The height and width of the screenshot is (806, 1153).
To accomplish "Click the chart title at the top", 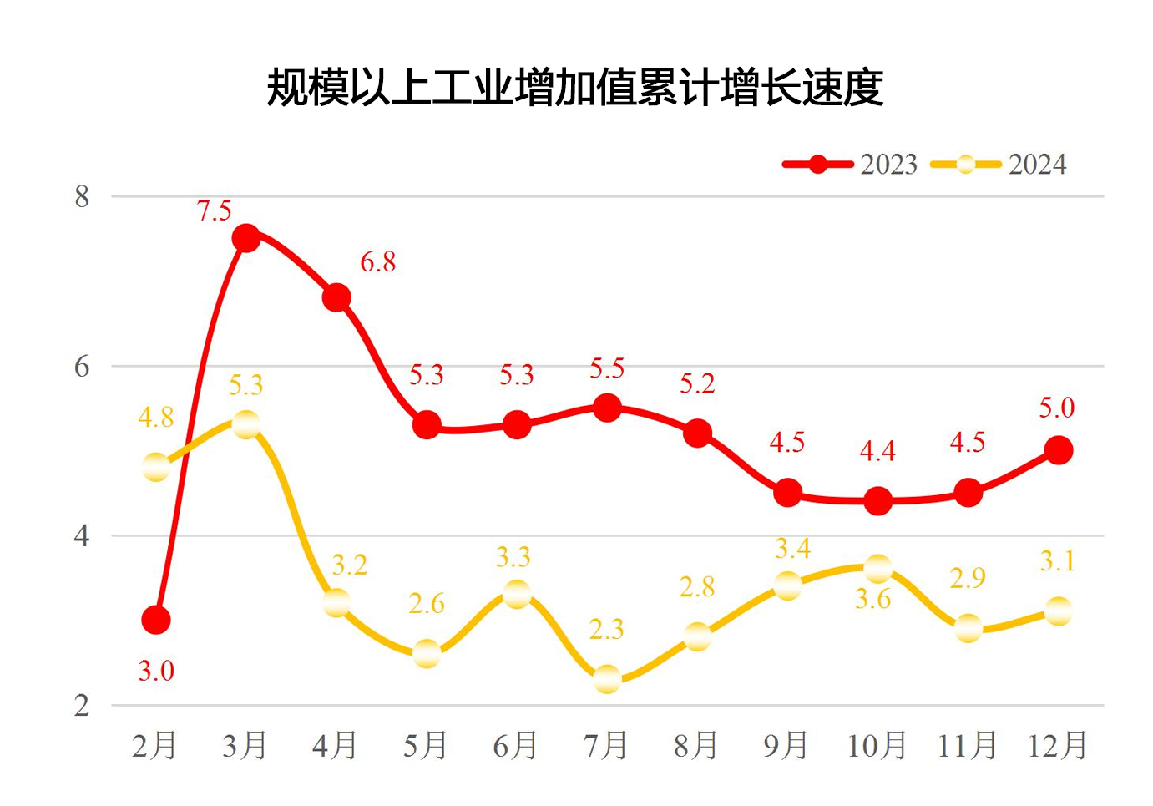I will (x=574, y=88).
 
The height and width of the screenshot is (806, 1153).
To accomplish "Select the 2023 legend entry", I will (x=850, y=165).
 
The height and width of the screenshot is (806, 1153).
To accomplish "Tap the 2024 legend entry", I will (x=999, y=165).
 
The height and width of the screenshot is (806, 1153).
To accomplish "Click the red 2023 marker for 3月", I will (x=245, y=238).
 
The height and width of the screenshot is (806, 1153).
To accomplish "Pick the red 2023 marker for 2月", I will (x=156, y=620).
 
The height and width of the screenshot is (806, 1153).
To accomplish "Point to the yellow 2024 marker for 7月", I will (x=607, y=679).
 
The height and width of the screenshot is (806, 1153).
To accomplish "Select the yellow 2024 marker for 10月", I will (x=877, y=570).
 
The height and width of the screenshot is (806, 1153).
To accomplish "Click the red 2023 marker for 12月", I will (x=1058, y=450).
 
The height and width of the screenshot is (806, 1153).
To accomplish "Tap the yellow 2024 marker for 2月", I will (x=156, y=467).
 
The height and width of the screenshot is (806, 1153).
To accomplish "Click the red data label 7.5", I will (x=214, y=211).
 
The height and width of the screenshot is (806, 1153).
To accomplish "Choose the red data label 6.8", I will (x=377, y=262).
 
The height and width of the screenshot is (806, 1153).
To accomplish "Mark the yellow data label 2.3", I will (x=606, y=629).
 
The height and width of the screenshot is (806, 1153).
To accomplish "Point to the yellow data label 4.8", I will (x=156, y=417).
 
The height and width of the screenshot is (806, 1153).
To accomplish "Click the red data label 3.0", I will (x=156, y=671).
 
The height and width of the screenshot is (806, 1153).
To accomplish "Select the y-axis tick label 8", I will (x=82, y=197).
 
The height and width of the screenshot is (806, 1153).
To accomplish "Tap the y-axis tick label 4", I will (x=82, y=535).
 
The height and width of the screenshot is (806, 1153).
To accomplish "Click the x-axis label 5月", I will (x=425, y=745).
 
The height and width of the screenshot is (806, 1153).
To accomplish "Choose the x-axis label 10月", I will (x=877, y=745).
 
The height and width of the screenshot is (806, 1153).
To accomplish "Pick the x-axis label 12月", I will (x=1057, y=745).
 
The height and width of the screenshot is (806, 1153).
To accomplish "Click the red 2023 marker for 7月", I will (x=607, y=408).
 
